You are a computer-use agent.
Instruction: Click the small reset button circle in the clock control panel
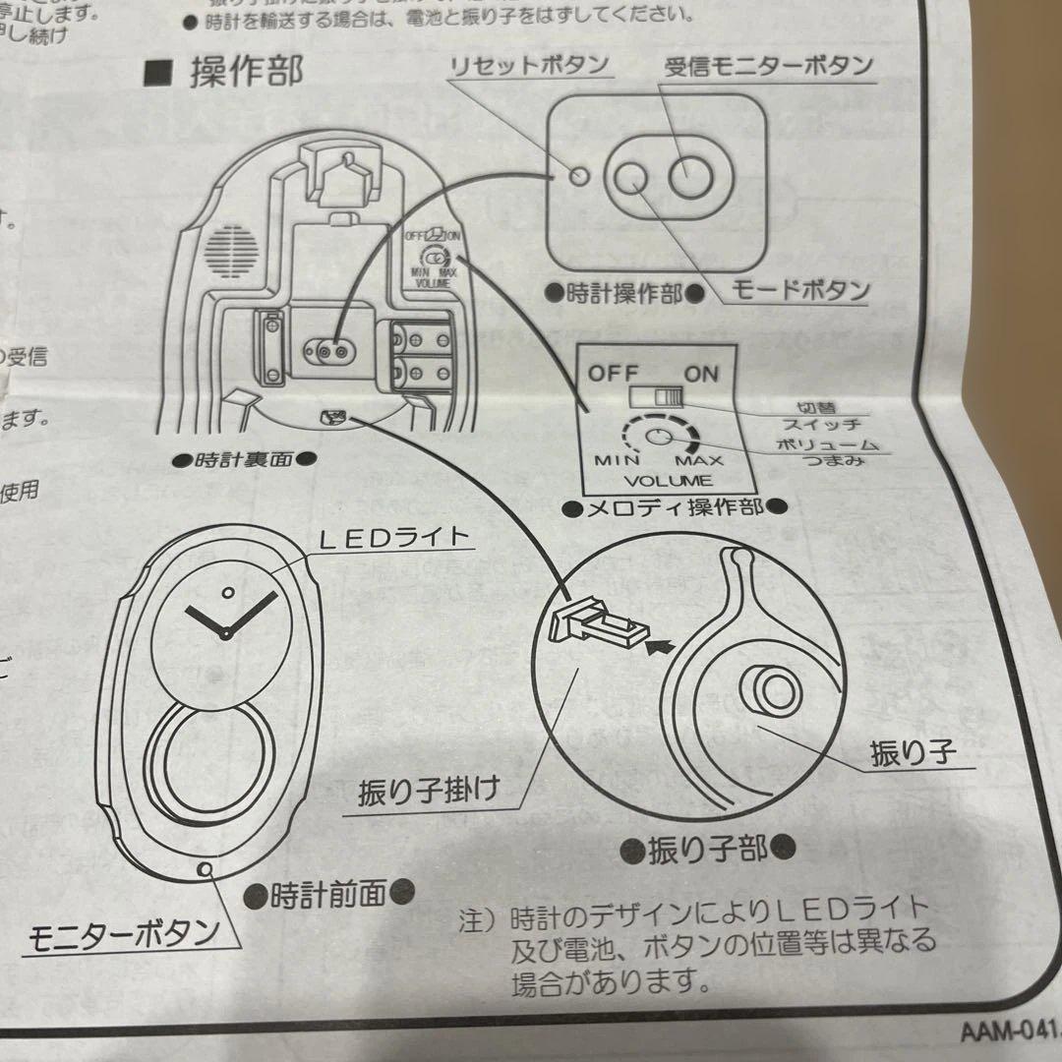click(580, 175)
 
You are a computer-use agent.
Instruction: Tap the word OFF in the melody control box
click(614, 374)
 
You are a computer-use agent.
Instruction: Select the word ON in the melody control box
click(701, 374)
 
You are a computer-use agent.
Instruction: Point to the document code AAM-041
click(1007, 1032)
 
